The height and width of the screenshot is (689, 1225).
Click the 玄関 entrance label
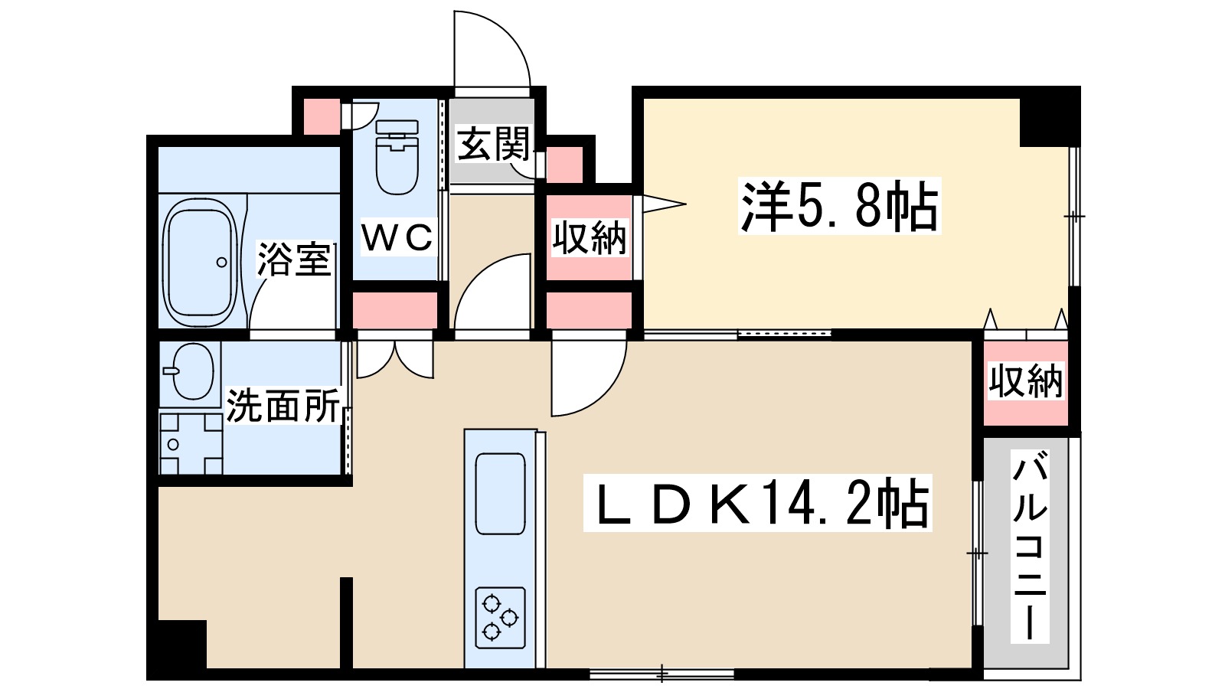[x=492, y=144]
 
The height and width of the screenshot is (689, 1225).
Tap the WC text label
[x=397, y=238]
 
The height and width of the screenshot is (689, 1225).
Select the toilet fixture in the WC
[x=397, y=157]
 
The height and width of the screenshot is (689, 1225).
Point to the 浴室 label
[x=294, y=259]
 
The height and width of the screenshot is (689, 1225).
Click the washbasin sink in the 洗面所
[x=191, y=371]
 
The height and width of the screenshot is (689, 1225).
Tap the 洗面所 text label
[x=283, y=406]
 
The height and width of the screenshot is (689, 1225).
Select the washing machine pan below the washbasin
[x=191, y=445]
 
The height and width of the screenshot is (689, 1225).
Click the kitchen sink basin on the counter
[x=501, y=494]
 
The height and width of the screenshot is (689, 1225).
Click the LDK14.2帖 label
[x=756, y=504]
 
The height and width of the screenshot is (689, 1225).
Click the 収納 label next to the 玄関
[x=589, y=238]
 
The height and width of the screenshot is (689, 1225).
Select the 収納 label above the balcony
[x=1026, y=380]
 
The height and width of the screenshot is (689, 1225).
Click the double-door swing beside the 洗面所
[x=395, y=360]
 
